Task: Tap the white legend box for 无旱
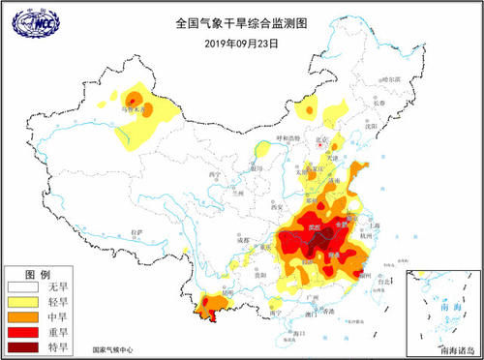(28, 287)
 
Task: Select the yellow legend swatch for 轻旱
(28, 302)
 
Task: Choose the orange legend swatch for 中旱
(28, 315)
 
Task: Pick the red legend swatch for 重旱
(28, 329)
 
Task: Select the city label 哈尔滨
(390, 77)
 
